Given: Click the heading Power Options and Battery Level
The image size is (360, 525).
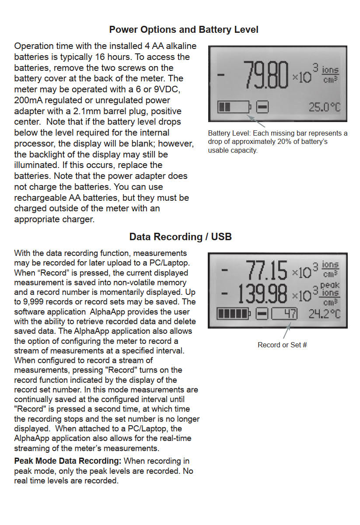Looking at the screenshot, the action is [184, 30].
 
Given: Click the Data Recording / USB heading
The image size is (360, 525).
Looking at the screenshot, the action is [180, 237].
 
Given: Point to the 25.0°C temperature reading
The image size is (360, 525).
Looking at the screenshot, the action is [324, 107].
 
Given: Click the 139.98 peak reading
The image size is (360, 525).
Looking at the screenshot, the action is [262, 294].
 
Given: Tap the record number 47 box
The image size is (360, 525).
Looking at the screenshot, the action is [284, 314].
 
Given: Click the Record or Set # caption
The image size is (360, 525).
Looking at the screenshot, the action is [282, 345].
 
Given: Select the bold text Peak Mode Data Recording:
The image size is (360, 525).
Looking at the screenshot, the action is [68, 461].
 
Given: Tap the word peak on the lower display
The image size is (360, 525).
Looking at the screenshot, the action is [330, 285].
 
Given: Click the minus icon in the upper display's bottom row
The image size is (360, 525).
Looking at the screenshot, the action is [262, 107].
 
